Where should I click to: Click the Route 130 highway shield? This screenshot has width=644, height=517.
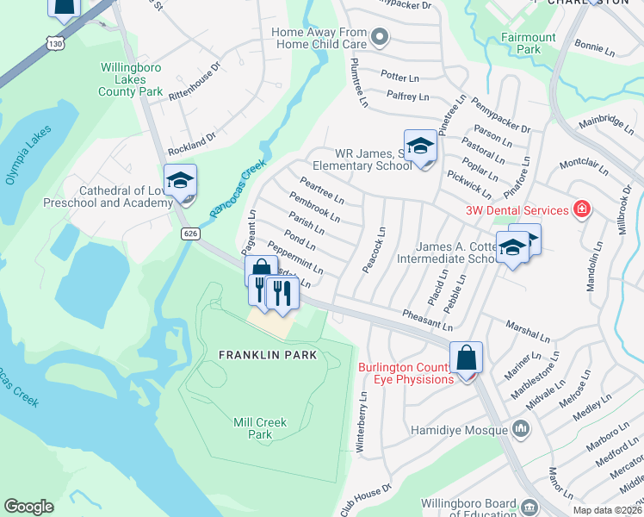[56, 43]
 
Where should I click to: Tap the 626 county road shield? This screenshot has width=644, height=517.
[191, 234]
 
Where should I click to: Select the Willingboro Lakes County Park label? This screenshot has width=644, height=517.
[131, 78]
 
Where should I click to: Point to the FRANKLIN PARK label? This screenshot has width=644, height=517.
[268, 355]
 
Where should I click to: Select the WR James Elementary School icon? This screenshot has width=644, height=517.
[420, 146]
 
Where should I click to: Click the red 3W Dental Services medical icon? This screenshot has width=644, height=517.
[583, 209]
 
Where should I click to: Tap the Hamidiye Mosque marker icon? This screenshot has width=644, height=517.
[520, 427]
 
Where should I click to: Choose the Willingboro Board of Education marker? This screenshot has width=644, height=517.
[529, 506]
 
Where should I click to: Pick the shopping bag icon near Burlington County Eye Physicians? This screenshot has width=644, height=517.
[466, 357]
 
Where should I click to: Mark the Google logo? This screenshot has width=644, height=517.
[29, 507]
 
